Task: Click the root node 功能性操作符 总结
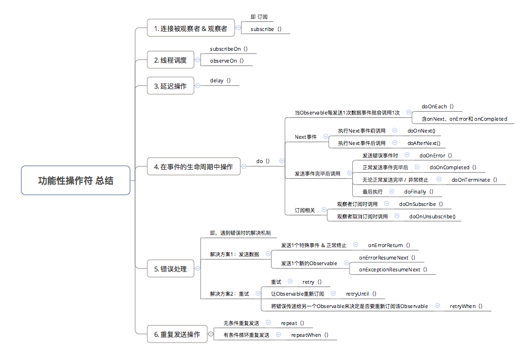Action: click(76, 181)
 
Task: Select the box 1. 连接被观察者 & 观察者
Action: click(190, 28)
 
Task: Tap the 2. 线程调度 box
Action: click(170, 60)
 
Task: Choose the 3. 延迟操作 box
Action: click(170, 86)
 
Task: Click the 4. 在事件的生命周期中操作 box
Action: click(193, 167)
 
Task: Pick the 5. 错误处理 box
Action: click(170, 270)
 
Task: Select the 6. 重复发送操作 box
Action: click(177, 335)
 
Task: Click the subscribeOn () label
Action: click(229, 49)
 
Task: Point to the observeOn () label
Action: click(226, 60)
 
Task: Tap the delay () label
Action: click(220, 80)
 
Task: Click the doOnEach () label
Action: click(438, 106)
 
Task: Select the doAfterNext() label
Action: click(423, 143)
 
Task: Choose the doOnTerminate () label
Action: click(474, 179)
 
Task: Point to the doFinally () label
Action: click(419, 192)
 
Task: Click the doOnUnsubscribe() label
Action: click(432, 216)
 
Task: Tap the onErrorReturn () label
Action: click(389, 245)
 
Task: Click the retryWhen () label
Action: click(466, 306)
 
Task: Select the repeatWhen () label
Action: click(309, 335)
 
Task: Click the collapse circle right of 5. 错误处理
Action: click(197, 269)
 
